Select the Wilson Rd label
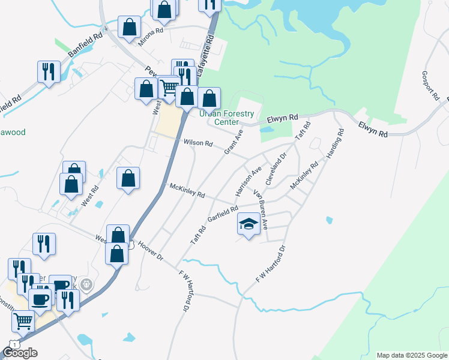pos(198,143)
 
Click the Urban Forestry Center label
pos(226,118)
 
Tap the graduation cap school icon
pos(249,223)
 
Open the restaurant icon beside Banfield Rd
pos(47,71)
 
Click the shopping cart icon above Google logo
pos(23,321)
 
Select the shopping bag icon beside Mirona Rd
pos(129,26)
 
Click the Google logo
pos(20,353)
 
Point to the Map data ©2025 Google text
pos(411,355)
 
